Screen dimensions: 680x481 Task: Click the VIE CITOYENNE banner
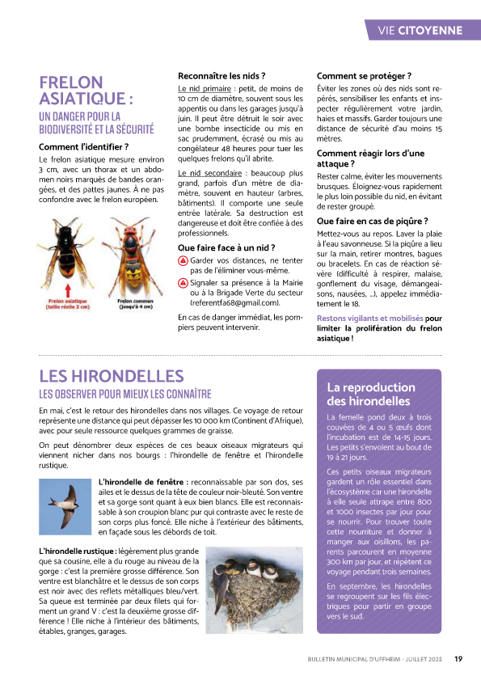[x=420, y=31]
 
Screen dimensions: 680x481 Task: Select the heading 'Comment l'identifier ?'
[x=83, y=147]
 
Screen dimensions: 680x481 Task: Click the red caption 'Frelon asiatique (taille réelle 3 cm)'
[x=67, y=304]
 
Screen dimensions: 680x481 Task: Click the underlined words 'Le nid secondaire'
[x=209, y=173]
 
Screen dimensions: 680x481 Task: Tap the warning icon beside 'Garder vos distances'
[x=184, y=261]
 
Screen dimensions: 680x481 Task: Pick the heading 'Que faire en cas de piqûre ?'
[x=372, y=221]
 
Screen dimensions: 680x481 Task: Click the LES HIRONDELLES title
[x=112, y=377]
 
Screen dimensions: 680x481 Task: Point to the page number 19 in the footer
[x=458, y=659]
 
